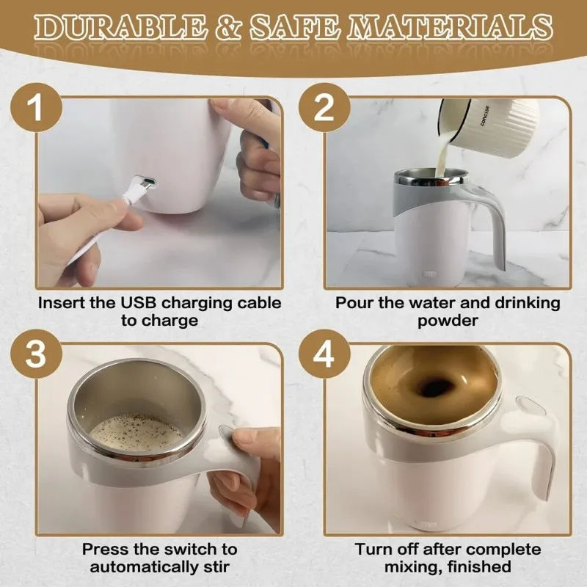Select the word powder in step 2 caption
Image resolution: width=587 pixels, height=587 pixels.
click(x=448, y=321)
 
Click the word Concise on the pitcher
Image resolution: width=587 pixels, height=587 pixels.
click(x=486, y=113)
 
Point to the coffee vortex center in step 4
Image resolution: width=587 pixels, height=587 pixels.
click(x=434, y=386)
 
